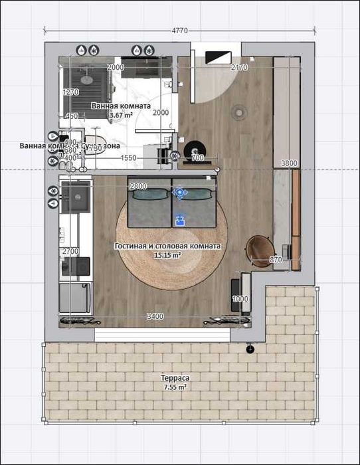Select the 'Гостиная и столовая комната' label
(167, 246)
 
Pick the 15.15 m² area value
(167, 255)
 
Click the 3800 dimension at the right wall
(289, 163)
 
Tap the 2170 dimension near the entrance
(239, 68)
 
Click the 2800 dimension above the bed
(138, 186)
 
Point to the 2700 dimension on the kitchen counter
(70, 252)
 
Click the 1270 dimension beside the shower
(70, 92)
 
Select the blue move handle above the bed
(179, 193)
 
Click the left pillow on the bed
(149, 195)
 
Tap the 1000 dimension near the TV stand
(240, 300)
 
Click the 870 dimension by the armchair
(277, 260)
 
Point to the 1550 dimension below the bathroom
(129, 158)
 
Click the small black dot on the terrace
(250, 349)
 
